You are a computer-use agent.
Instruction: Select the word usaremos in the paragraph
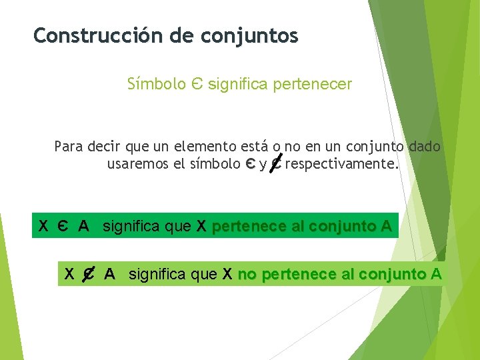tap(137, 164)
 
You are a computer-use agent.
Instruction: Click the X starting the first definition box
tap(43, 227)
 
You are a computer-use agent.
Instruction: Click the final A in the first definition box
tap(386, 227)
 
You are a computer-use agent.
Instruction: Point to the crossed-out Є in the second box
tap(87, 274)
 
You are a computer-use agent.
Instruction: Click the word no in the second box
tap(246, 274)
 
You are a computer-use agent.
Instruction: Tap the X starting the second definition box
tap(69, 274)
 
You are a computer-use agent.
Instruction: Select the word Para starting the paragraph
tap(69, 147)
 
